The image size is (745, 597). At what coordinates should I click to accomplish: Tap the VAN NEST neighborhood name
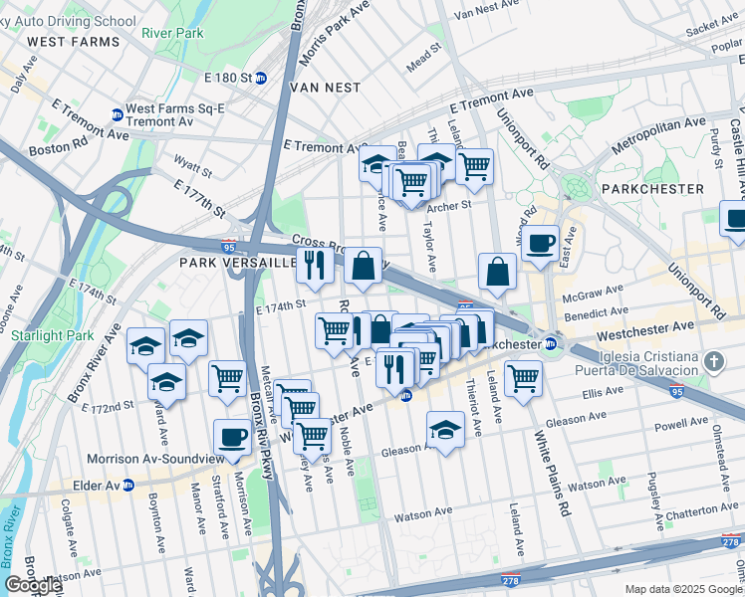click(x=324, y=88)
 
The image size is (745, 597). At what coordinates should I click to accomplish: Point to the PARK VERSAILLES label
click(x=235, y=263)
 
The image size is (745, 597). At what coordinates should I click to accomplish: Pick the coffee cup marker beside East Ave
click(x=540, y=244)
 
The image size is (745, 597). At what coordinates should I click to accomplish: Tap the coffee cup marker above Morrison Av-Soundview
click(x=233, y=438)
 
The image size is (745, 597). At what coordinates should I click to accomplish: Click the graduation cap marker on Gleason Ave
click(x=445, y=430)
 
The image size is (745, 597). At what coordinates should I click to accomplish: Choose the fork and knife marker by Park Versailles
click(x=315, y=266)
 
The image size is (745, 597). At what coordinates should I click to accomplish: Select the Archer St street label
click(x=447, y=207)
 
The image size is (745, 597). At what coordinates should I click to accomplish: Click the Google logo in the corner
click(x=33, y=585)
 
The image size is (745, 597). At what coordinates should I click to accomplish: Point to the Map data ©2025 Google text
click(x=683, y=589)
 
